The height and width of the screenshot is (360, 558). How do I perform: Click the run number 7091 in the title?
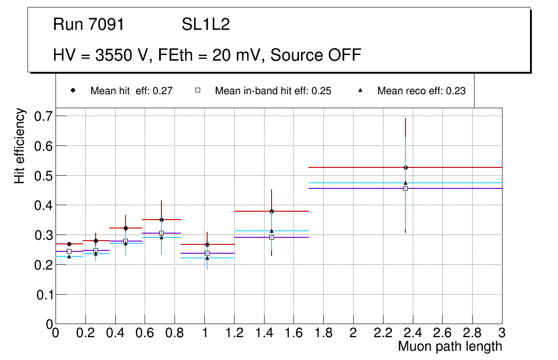107,25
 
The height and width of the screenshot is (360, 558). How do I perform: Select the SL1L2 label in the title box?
206,25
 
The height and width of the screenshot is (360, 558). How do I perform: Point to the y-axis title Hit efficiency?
20,145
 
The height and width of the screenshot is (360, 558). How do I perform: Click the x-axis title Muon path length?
450,346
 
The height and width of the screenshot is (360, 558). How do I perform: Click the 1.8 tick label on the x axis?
323,333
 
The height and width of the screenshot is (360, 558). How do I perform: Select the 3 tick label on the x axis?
502,333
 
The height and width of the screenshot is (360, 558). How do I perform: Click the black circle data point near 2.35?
405,167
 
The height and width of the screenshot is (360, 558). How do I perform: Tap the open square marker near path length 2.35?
405,188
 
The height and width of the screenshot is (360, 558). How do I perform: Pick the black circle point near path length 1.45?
272,211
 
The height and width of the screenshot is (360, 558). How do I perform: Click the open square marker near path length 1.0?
207,253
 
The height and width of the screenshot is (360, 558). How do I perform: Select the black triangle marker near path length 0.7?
161,237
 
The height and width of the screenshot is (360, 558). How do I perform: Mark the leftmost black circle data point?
69,244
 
